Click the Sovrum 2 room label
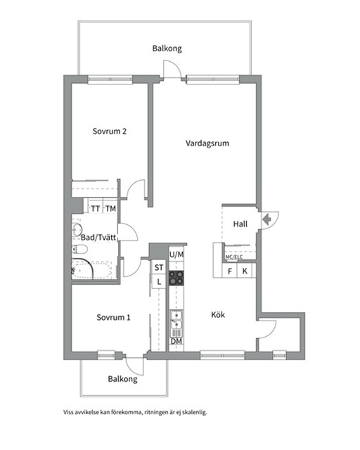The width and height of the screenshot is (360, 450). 110,131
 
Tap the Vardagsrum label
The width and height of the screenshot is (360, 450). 207,143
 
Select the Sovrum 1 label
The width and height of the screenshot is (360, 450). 114,317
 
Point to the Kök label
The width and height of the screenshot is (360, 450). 218,316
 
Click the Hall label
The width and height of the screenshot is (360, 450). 240,224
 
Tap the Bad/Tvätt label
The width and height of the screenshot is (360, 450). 98,238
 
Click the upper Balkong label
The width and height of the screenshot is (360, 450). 167,49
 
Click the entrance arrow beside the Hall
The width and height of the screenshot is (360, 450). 266,219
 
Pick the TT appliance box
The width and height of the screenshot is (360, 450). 95,208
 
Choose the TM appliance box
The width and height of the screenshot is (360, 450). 110,208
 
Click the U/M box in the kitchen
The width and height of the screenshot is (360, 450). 176,254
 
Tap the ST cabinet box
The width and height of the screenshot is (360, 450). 159,267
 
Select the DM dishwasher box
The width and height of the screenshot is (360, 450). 176,342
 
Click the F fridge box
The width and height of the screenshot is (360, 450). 230,271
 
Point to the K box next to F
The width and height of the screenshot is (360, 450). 245,271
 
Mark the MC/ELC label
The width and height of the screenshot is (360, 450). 235,257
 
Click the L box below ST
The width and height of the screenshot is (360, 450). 159,281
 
